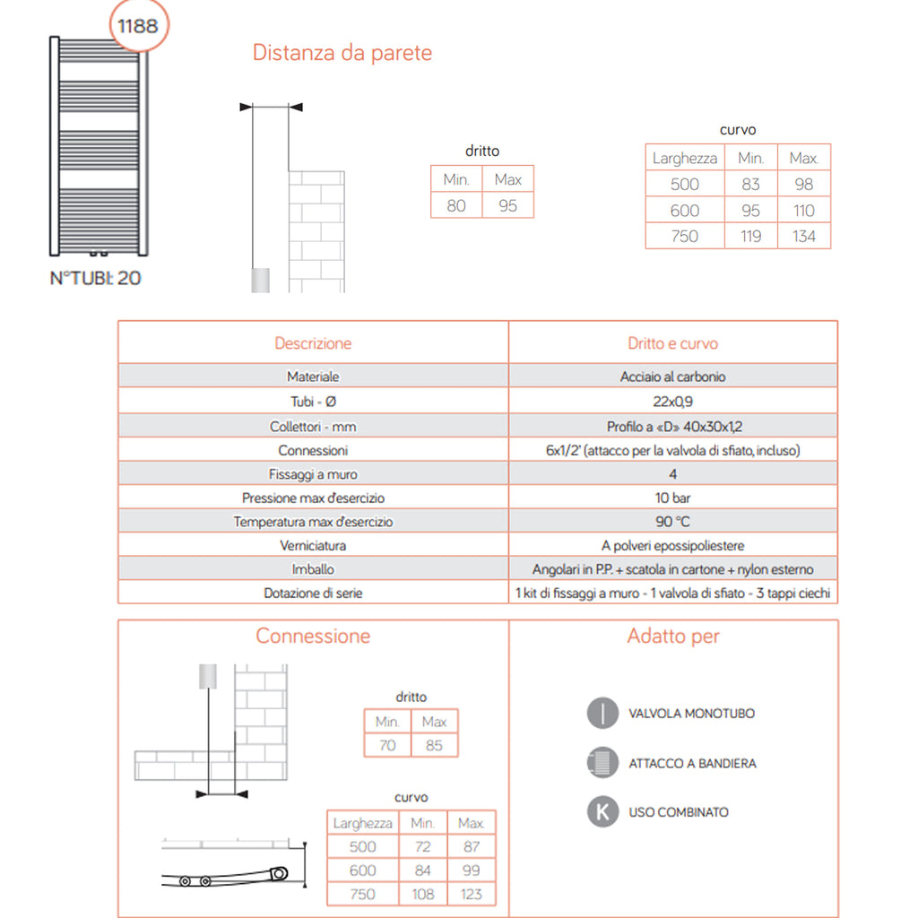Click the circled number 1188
coord(138,26)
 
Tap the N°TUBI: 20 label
coord(95,278)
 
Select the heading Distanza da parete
coord(342,53)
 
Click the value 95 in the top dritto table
coord(507,205)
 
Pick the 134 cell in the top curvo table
coord(803,237)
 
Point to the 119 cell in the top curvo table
coord(751,237)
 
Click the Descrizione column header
coord(313,343)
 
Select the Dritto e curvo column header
coord(672,343)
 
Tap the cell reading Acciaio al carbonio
coord(672,377)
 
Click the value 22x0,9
coord(672,402)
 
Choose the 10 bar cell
coord(672,498)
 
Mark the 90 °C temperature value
coord(672,522)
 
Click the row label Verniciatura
coord(313,545)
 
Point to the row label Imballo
coord(313,569)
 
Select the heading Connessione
coord(313,637)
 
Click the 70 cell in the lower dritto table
coord(387,745)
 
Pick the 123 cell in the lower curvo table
coord(471,894)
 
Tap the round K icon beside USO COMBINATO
coord(602,812)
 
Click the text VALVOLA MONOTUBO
coord(691,714)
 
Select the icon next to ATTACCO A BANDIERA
coord(602,763)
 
